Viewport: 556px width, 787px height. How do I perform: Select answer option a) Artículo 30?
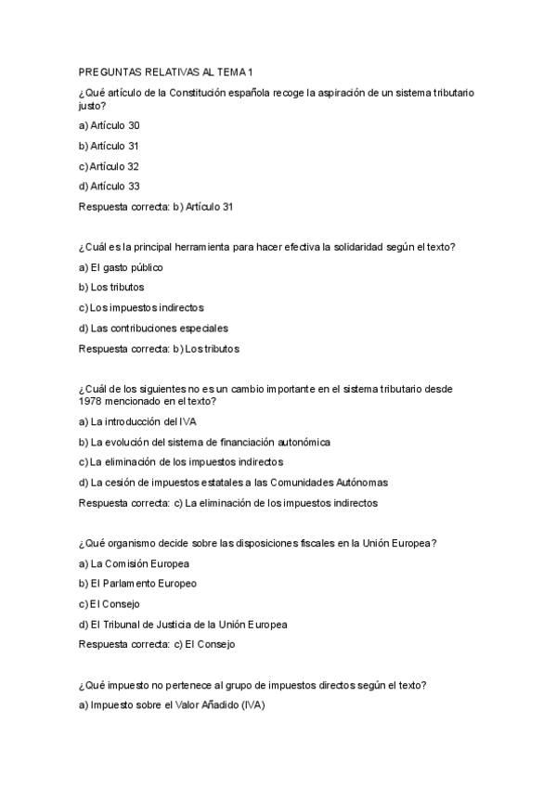pyautogui.click(x=110, y=124)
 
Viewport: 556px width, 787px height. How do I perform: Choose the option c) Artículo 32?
pyautogui.click(x=110, y=166)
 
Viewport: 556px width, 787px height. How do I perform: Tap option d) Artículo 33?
pyautogui.click(x=110, y=187)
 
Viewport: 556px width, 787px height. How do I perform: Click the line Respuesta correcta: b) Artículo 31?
pyautogui.click(x=156, y=207)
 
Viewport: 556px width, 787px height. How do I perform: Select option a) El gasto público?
pyautogui.click(x=122, y=267)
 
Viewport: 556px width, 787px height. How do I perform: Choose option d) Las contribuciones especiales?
pyautogui.click(x=153, y=328)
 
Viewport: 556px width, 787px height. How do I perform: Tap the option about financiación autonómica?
pyautogui.click(x=204, y=442)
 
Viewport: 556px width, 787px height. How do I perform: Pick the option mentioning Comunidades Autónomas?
pyautogui.click(x=233, y=482)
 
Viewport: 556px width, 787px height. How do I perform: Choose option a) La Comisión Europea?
pyautogui.click(x=134, y=563)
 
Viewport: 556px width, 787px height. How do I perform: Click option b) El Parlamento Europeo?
pyautogui.click(x=137, y=584)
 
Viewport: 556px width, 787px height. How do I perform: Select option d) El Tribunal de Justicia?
pyautogui.click(x=183, y=625)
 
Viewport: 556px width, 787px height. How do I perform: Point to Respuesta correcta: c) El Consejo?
pyautogui.click(x=157, y=643)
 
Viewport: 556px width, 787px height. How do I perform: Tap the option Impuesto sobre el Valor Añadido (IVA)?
pyautogui.click(x=172, y=705)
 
